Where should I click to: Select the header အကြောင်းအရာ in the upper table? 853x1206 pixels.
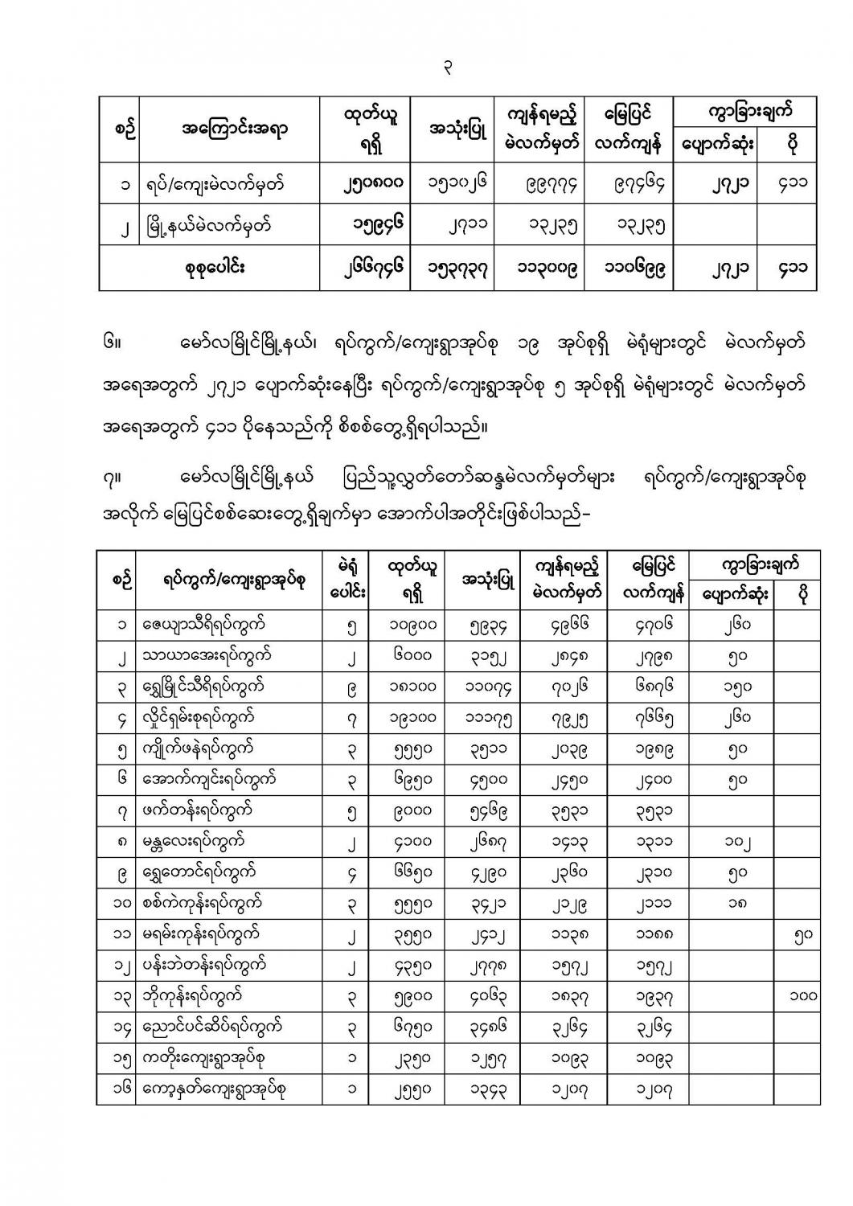tap(236, 129)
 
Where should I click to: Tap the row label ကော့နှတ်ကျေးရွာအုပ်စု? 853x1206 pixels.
tap(214, 1089)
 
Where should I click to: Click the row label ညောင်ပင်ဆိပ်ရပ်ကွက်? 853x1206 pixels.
tap(211, 1027)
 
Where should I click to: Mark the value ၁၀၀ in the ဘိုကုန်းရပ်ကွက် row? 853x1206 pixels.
tap(803, 996)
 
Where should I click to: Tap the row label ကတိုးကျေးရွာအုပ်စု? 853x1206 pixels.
tap(207, 1058)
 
